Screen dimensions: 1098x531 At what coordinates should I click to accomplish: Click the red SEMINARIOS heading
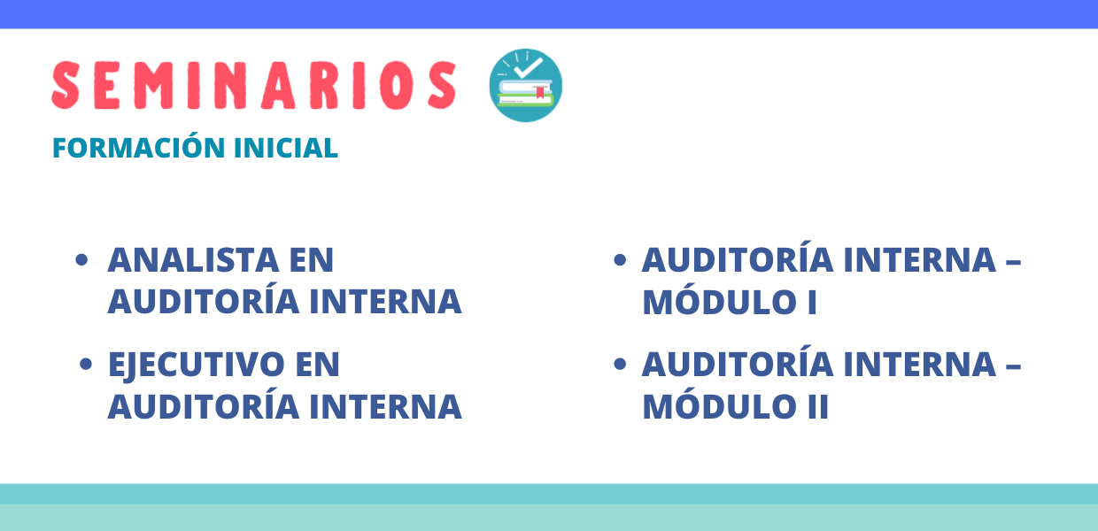254,85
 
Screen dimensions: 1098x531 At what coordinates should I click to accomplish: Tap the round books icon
525,85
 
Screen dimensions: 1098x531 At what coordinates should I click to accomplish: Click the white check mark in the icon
528,68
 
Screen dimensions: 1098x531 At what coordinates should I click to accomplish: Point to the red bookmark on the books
540,92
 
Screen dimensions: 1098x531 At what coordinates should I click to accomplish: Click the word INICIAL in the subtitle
286,148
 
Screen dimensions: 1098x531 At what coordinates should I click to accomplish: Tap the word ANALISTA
194,259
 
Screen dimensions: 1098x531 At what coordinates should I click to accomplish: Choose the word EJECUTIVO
197,366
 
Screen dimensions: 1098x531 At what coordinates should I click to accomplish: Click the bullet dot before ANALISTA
81,259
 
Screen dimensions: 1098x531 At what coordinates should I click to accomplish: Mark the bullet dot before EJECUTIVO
85,364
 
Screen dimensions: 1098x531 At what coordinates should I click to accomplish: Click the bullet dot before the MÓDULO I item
620,259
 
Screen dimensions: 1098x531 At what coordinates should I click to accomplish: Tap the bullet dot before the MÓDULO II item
620,364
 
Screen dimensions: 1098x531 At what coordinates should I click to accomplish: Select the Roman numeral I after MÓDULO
812,303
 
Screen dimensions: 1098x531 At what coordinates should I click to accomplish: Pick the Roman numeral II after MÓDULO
818,406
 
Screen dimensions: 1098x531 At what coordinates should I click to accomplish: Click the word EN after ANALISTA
312,259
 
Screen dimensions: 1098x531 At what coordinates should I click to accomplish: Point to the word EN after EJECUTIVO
317,364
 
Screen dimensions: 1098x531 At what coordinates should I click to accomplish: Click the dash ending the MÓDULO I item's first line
1013,263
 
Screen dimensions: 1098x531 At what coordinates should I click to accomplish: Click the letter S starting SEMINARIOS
66,85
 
